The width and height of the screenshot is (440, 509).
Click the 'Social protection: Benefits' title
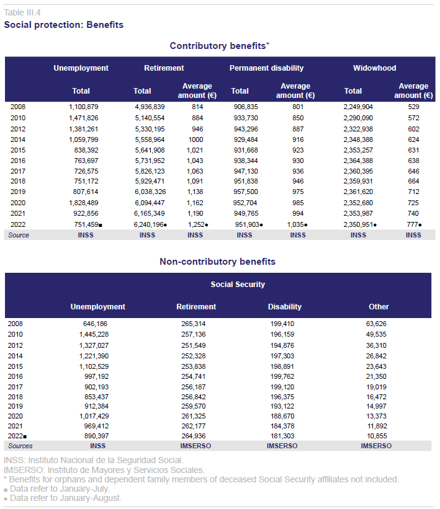[64, 25]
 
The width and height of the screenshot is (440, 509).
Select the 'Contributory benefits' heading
[218, 46]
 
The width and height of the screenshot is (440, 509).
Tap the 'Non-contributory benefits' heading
[217, 262]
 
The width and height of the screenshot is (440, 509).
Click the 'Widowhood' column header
[375, 68]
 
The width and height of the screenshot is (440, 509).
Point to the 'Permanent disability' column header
[266, 68]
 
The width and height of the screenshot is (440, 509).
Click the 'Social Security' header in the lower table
[238, 285]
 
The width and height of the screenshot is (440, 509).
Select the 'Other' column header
[379, 307]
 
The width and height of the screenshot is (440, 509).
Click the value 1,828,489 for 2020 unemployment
[84, 203]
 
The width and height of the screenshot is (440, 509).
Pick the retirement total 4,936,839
[150, 107]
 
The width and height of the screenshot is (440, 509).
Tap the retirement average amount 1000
[195, 139]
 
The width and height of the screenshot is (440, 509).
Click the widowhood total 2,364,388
[358, 161]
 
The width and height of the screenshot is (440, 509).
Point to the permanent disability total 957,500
[246, 192]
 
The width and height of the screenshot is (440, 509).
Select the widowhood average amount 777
[413, 224]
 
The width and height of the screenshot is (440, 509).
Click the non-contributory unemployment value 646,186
[95, 324]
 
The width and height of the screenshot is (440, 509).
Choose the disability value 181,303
[282, 436]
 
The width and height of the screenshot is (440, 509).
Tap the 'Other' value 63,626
[376, 324]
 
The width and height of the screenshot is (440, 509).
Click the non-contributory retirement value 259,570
[194, 406]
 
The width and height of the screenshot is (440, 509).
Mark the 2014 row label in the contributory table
[18, 139]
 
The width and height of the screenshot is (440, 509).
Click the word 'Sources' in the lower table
[20, 446]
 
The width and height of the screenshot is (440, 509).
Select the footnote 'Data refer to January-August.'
[66, 498]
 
